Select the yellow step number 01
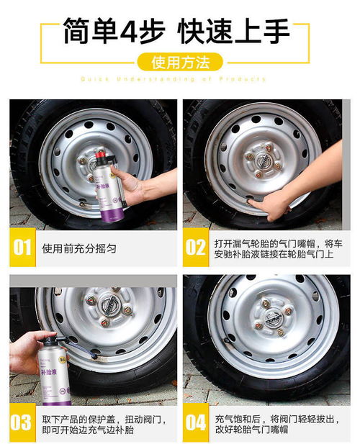click(22, 247)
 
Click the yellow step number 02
click(196, 247)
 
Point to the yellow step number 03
click(22, 422)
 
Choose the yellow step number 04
click(196, 422)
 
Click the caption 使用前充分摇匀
click(79, 248)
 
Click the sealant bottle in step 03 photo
click(57, 367)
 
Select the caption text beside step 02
click(266, 247)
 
